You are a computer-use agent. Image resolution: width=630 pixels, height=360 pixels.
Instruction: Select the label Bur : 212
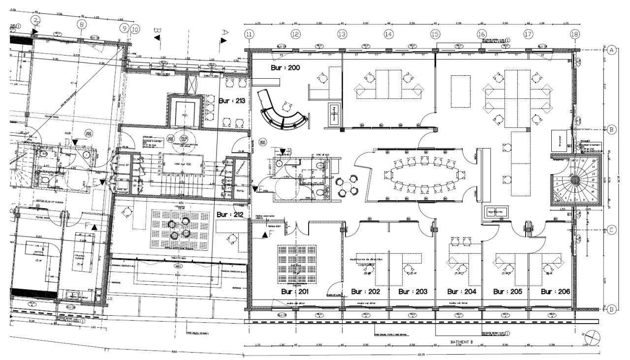coord(230,215)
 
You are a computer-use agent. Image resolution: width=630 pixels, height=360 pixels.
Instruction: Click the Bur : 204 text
coord(461,292)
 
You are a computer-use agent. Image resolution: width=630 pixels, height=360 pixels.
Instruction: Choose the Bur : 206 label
coord(555,292)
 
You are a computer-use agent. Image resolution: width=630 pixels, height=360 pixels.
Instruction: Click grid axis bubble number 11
coord(249,34)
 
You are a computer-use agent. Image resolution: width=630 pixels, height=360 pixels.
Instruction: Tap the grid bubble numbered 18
coord(574,34)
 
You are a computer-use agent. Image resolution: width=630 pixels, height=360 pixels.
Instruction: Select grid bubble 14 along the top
coord(389,34)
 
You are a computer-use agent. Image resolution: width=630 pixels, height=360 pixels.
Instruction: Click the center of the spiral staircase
coord(574,180)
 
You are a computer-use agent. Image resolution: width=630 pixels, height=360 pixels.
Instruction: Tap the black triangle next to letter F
coord(265,235)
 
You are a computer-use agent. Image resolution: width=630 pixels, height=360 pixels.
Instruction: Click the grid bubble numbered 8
coord(82,24)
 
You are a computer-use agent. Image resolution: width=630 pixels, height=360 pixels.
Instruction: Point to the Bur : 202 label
coord(366,292)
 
